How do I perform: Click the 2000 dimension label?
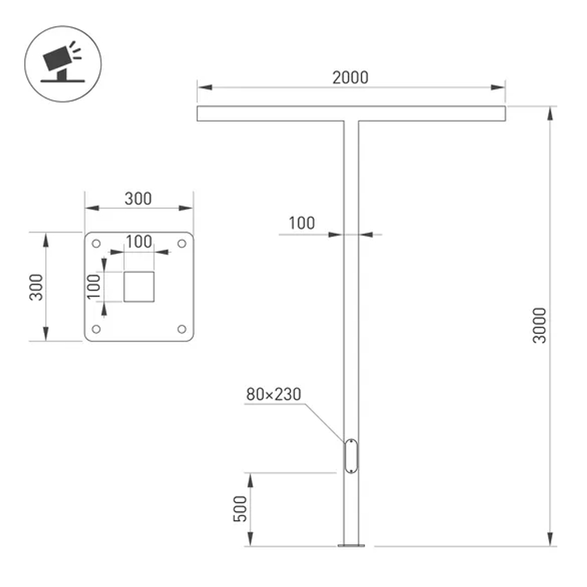coord(350,77)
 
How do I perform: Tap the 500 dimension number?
coord(239,510)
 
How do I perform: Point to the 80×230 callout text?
coord(273,394)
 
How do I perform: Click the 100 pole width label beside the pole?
coord(301,223)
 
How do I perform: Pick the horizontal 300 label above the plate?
coord(138,198)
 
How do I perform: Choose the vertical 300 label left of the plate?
coord(37,286)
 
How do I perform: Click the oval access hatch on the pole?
coord(350,456)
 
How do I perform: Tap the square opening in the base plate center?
coord(139,287)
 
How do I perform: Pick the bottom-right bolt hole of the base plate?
coord(181,329)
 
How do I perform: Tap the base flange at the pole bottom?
coord(351,545)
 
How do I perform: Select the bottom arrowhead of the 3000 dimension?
coord(551,539)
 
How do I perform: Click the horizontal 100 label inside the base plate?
coord(139,241)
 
